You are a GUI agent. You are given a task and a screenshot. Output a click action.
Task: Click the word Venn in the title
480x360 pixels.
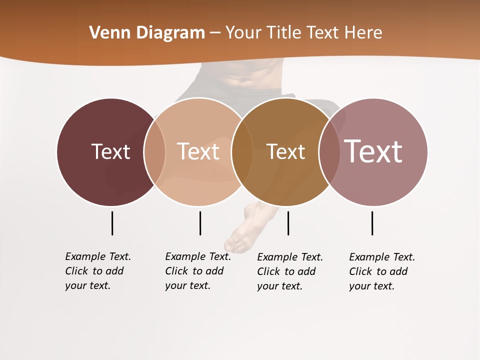(108, 33)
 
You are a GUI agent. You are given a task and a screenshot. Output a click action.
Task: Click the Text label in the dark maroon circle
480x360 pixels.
(110, 151)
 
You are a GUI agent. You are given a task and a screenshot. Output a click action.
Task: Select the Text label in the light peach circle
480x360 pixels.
(198, 151)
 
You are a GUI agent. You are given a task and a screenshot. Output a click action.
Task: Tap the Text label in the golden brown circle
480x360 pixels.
(285, 151)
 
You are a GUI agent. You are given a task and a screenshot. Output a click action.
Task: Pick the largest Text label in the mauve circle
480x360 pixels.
(373, 151)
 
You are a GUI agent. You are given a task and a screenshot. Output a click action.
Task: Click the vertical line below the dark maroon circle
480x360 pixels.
(112, 223)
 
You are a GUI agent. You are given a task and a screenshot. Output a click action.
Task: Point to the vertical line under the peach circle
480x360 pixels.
(200, 223)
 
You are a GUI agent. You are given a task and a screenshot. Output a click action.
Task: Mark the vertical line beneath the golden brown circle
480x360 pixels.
(288, 223)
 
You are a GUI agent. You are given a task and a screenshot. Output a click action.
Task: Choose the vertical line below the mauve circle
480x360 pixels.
(372, 223)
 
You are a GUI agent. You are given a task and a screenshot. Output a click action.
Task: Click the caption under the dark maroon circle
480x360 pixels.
(97, 271)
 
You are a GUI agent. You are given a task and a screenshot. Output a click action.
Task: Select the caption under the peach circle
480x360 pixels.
(197, 271)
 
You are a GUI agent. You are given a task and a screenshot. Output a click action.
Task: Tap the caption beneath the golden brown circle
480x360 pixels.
(289, 271)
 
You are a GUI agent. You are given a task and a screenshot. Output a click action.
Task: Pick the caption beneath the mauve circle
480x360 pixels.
(381, 271)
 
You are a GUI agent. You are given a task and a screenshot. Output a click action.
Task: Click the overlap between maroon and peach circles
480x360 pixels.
(154, 151)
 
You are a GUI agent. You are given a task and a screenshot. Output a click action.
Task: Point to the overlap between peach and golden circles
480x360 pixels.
(242, 151)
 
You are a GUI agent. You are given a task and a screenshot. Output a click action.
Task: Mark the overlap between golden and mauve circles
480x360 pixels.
(329, 151)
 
